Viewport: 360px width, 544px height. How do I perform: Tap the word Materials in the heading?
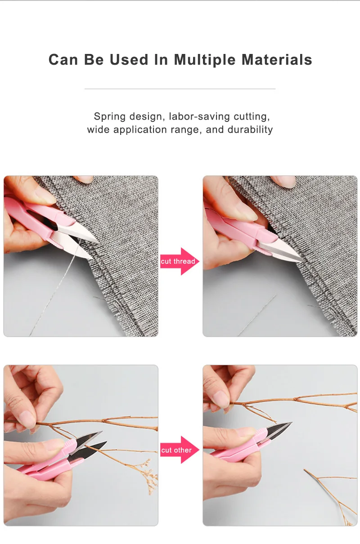pyautogui.click(x=277, y=60)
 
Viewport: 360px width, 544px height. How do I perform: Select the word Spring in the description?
pyautogui.click(x=110, y=116)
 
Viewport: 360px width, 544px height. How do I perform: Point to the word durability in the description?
pyautogui.click(x=250, y=129)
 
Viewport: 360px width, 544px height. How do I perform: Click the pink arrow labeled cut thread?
pyautogui.click(x=180, y=261)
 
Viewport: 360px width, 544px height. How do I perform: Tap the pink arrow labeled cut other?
pyautogui.click(x=180, y=450)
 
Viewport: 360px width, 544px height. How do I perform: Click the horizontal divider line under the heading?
pyautogui.click(x=180, y=89)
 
